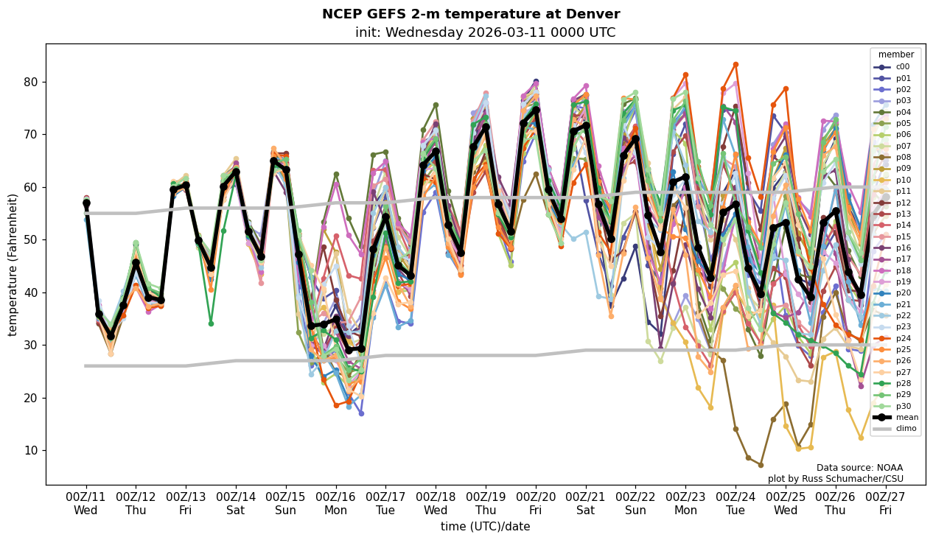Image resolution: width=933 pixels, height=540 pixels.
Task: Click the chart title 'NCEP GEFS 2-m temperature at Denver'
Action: point(471,15)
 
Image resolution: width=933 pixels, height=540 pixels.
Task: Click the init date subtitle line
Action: point(485,33)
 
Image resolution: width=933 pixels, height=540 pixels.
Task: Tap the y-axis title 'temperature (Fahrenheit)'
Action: point(13,264)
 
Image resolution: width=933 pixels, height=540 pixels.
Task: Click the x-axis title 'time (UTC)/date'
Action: point(485,527)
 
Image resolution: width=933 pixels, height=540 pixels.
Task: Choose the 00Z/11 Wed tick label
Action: point(85,503)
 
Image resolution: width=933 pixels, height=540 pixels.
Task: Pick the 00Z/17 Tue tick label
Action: point(385,503)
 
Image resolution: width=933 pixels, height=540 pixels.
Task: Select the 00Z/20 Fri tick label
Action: point(535,503)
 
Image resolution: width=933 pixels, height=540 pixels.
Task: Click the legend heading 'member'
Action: point(895,55)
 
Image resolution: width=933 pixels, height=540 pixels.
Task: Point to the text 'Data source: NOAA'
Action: point(859,468)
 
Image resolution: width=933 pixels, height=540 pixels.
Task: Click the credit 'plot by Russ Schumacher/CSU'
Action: point(835,479)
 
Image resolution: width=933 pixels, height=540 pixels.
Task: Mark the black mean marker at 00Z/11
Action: point(86,203)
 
